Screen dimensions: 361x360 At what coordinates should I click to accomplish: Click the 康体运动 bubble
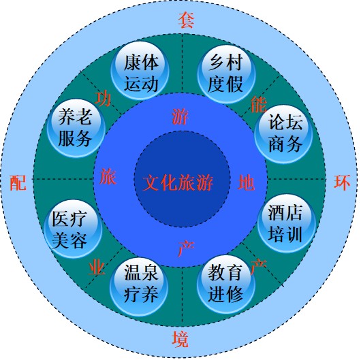pyautogui.click(x=140, y=71)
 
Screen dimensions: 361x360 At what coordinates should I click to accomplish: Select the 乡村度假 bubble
pyautogui.click(x=226, y=74)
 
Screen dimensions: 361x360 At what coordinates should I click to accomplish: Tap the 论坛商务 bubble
pyautogui.click(x=283, y=134)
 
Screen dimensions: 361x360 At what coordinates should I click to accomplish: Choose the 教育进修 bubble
pyautogui.click(x=226, y=284)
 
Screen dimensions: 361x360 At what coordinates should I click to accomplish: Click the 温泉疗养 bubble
pyautogui.click(x=139, y=287)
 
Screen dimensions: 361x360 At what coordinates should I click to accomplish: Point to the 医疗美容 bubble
pyautogui.click(x=73, y=229)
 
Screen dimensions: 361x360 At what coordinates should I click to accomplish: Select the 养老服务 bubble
pyautogui.click(x=76, y=128)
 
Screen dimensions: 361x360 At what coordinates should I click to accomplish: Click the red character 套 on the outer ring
pyautogui.click(x=185, y=20)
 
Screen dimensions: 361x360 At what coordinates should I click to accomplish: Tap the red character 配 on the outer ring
pyautogui.click(x=18, y=182)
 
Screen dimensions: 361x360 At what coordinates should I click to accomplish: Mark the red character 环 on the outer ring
pyautogui.click(x=342, y=182)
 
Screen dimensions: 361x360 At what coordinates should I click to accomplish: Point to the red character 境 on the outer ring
pyautogui.click(x=180, y=339)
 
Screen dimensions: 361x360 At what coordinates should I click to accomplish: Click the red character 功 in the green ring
pyautogui.click(x=103, y=99)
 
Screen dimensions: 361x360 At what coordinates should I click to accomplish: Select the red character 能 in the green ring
pyautogui.click(x=259, y=104)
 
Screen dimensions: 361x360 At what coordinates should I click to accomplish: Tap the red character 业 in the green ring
pyautogui.click(x=97, y=267)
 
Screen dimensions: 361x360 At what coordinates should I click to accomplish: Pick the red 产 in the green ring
pyautogui.click(x=258, y=266)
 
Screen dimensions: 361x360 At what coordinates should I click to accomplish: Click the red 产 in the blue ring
pyautogui.click(x=186, y=248)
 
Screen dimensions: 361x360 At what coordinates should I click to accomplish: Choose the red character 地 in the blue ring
pyautogui.click(x=246, y=182)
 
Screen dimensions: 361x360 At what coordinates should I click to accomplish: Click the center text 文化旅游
pyautogui.click(x=178, y=183)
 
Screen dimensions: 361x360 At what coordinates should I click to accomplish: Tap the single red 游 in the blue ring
pyautogui.click(x=180, y=116)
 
